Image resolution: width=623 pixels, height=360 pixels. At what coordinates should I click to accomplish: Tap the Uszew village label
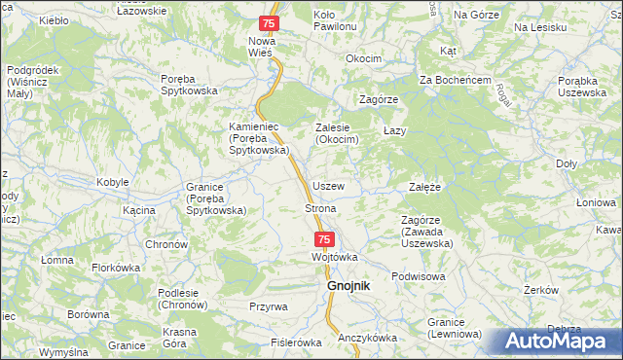pos(328,185)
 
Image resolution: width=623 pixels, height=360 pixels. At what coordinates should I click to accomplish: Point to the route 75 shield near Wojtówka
pos(325,238)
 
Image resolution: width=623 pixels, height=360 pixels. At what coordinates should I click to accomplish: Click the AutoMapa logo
pos(559,342)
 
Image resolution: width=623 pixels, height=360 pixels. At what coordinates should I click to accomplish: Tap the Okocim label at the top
pos(364,58)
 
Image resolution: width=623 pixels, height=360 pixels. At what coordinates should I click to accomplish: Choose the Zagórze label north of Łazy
pos(379,99)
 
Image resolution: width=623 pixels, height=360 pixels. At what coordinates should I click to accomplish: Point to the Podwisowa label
pos(419,275)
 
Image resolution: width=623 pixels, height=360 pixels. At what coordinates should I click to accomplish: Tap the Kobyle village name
pos(113,183)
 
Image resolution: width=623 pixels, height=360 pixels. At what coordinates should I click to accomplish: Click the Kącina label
pos(140,209)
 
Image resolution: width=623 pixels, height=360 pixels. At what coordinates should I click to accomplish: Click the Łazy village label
pos(394,129)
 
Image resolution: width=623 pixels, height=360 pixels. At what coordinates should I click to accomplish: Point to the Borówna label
pos(88,315)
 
